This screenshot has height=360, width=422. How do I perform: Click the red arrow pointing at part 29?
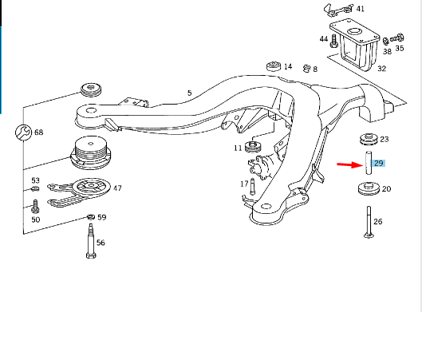pos(348,165)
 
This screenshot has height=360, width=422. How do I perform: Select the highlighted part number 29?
pos(379,164)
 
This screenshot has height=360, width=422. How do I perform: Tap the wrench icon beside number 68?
pos(22,133)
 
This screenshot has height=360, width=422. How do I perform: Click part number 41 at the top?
pos(360,9)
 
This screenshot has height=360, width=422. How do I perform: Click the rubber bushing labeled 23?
pos(369,138)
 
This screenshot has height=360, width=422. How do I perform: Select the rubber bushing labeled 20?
pos(369,190)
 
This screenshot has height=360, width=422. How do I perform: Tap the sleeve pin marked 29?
pos(369,164)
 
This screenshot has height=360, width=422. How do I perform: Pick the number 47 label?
pos(117,188)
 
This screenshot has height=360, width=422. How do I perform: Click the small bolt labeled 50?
pos(35,207)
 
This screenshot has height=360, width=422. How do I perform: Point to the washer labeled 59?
pos(90,217)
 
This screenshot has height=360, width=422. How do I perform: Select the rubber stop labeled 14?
pos(273,65)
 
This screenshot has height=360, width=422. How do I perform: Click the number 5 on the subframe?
pos(189,93)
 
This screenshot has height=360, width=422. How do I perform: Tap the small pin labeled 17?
pos(251,187)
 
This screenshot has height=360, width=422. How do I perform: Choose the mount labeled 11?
pos(255,147)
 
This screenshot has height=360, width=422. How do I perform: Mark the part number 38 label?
pos(386,51)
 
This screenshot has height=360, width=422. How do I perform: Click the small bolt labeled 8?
pos(306,69)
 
